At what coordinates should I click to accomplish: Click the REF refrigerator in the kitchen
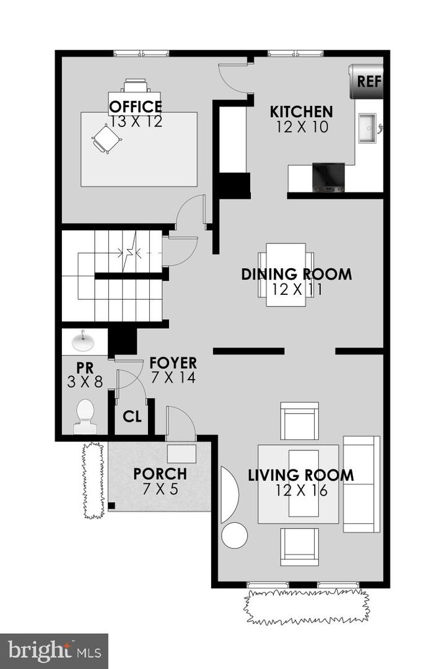(x=366, y=81)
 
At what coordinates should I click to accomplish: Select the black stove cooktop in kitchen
(x=328, y=177)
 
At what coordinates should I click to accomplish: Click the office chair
(x=106, y=138)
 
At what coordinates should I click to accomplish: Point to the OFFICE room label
(x=136, y=107)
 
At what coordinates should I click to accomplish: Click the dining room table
(x=286, y=274)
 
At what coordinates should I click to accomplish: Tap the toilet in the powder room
(x=84, y=416)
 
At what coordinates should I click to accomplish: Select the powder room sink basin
(x=84, y=341)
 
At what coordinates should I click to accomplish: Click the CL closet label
(x=132, y=417)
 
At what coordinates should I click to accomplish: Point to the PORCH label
(x=160, y=474)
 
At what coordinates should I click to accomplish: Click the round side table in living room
(x=235, y=535)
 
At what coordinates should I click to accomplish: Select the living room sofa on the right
(x=361, y=484)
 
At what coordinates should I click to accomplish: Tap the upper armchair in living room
(x=299, y=421)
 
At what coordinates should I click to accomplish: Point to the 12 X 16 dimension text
(x=302, y=491)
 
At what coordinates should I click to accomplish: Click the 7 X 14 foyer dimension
(x=173, y=377)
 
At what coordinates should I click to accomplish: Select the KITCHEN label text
(x=302, y=112)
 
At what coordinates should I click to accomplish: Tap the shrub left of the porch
(x=93, y=480)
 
